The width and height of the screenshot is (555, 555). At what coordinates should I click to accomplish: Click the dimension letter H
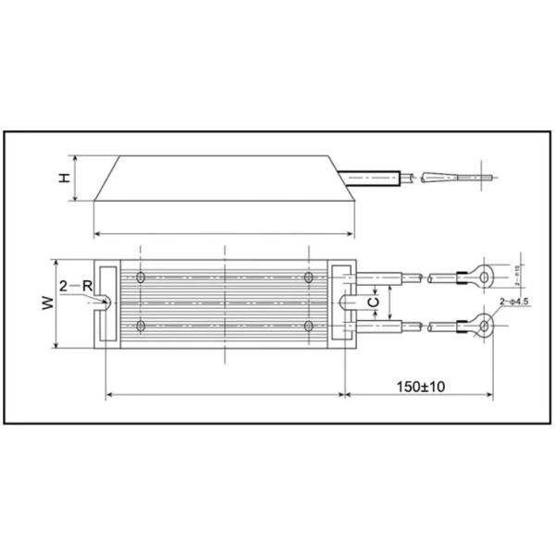click(x=65, y=177)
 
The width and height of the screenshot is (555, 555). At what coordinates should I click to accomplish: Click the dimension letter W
click(x=45, y=303)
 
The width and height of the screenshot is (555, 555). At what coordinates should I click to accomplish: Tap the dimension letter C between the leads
click(x=373, y=302)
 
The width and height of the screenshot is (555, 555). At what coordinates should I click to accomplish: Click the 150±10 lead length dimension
click(x=421, y=385)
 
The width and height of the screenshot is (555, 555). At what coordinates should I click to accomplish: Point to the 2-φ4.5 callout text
click(x=515, y=302)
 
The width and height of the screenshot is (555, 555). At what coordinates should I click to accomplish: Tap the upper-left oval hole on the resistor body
click(x=140, y=277)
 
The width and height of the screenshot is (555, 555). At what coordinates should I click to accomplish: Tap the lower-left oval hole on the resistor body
click(x=140, y=327)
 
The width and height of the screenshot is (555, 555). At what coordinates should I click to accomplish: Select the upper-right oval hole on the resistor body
click(x=308, y=277)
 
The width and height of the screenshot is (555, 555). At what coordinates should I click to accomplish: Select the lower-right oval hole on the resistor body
click(x=308, y=327)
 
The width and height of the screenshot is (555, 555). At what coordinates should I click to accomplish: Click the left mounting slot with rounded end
click(x=105, y=302)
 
